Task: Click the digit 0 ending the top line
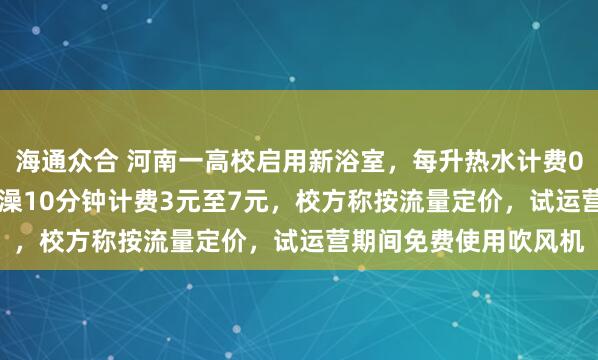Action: pyautogui.click(x=582, y=159)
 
